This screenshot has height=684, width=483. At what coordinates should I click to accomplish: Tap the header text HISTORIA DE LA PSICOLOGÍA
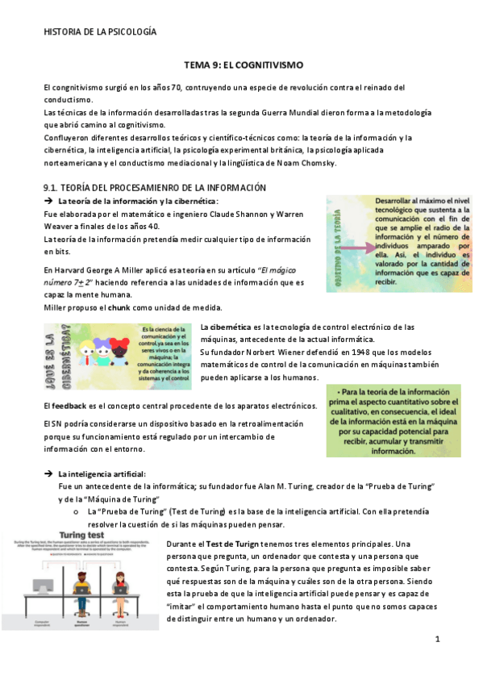tap(99, 31)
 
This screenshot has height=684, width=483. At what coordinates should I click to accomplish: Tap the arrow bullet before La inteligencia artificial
tap(49, 473)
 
